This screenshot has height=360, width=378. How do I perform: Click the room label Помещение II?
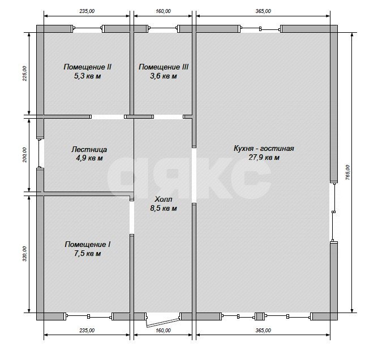point(87,67)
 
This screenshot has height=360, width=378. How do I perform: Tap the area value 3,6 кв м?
point(164,76)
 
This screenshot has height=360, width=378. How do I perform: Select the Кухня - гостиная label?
point(264,148)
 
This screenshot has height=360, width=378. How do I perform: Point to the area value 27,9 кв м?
point(264,158)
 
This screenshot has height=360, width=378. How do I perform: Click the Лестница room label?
point(89,150)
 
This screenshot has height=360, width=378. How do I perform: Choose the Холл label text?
point(164,199)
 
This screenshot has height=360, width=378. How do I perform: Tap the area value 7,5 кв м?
point(87,254)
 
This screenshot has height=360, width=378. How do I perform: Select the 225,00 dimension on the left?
point(24,73)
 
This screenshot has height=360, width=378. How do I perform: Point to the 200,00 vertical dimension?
point(24,155)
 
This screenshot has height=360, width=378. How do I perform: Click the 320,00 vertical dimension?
point(24,254)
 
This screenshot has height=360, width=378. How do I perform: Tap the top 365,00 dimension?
point(263,11)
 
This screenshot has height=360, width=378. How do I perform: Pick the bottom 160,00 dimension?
point(163,331)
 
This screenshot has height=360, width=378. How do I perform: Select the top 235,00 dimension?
point(87,11)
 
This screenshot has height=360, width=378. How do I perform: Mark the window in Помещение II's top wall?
point(88,29)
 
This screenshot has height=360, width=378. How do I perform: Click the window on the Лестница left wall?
point(40,153)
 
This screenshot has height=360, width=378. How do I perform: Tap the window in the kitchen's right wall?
point(334,212)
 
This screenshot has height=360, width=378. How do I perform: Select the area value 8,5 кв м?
point(164,209)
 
